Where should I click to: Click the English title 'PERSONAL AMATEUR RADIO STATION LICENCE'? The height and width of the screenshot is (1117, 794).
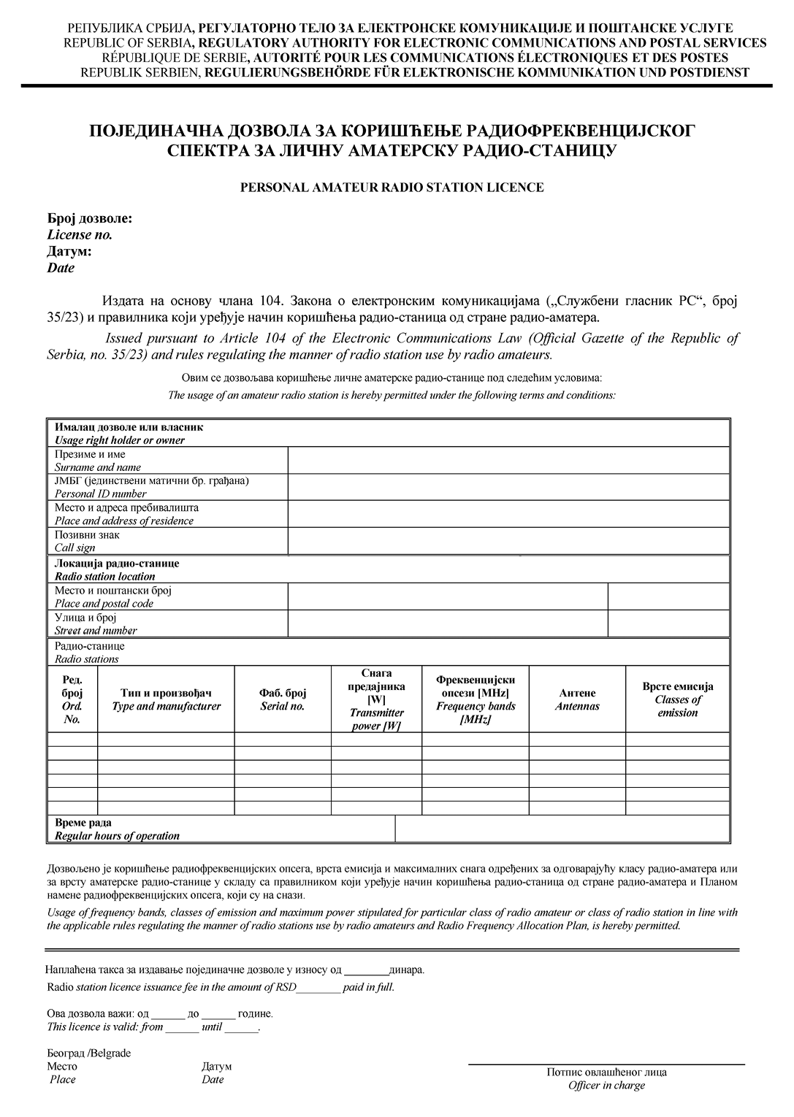pos(392,188)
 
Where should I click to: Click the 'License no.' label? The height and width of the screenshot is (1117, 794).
pos(80,235)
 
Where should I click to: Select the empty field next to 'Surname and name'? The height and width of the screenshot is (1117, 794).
pos(508,461)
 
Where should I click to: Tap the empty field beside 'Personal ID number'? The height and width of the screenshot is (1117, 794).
pos(508,487)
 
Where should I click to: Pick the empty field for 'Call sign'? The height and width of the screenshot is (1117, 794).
pos(508,541)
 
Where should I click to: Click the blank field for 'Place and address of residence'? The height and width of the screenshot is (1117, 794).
pos(508,514)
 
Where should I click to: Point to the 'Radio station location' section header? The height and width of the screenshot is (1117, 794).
pos(105,576)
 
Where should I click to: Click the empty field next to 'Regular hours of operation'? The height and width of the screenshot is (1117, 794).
pos(562,829)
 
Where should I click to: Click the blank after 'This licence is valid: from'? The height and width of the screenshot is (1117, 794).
pos(182,1028)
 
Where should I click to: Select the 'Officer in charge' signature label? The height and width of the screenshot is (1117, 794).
pos(606,1086)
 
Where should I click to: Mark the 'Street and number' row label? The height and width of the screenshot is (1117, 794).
pos(96,630)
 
